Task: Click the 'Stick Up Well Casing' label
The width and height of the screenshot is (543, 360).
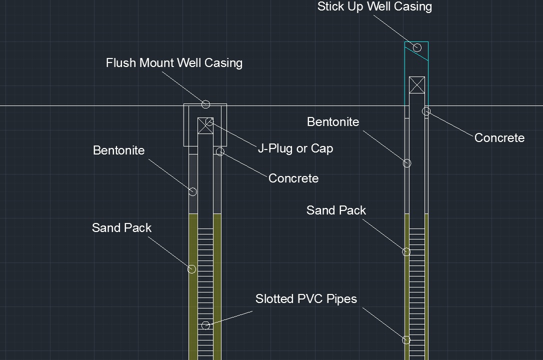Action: coord(374,6)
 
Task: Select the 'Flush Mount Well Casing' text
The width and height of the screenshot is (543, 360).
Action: coord(174,63)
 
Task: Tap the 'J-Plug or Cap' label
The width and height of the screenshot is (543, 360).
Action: coord(295,148)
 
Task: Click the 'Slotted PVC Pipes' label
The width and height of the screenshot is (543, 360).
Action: coord(306,299)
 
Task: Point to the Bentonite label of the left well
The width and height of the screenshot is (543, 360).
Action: coord(118,150)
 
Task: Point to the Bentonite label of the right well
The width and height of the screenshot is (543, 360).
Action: coord(333,122)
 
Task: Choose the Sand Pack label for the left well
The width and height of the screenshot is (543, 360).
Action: coord(121,228)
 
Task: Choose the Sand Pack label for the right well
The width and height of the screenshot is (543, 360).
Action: coord(336,210)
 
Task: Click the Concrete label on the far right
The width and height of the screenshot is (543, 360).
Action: coord(499,138)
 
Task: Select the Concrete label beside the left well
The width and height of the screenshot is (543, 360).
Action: coord(293,178)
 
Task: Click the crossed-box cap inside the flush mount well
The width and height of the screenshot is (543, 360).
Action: coord(205,125)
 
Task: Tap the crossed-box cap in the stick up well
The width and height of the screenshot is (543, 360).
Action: coord(416,85)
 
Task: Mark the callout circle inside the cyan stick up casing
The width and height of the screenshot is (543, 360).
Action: coord(417,48)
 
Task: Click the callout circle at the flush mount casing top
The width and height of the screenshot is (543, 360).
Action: coord(205,104)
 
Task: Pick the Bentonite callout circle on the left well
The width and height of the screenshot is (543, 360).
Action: coord(192,191)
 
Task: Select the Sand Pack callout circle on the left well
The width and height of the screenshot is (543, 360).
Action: coord(191,269)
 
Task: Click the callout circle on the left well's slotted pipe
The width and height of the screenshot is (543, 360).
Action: coord(205,325)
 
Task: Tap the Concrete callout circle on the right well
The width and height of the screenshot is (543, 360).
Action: coord(426,111)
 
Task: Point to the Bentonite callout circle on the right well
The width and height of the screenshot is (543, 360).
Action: coord(407,163)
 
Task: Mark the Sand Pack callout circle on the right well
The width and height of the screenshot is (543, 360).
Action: coord(406,252)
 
